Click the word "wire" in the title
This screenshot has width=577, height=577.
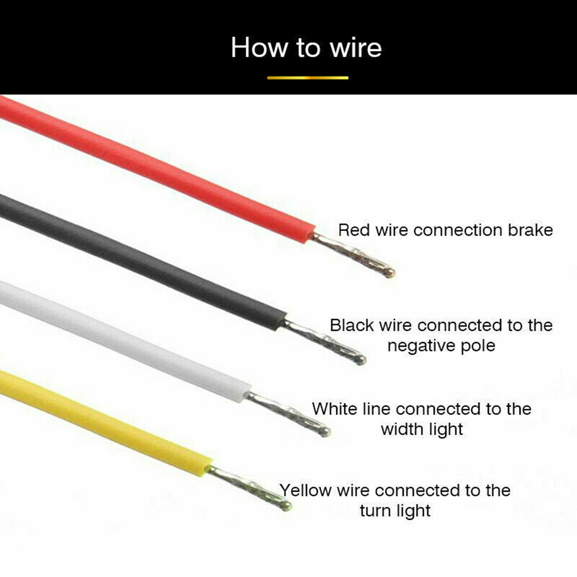pos(356,48)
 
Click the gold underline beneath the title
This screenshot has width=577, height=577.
pos(308,78)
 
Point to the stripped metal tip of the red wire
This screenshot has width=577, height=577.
pos(353,255)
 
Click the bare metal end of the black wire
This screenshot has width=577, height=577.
pos(324,342)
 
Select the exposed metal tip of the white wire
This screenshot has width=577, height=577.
pos(287,414)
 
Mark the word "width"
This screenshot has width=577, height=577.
pos(400,429)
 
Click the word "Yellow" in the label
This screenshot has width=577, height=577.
pos(305,491)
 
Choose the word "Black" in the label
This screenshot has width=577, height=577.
pos(351,325)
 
